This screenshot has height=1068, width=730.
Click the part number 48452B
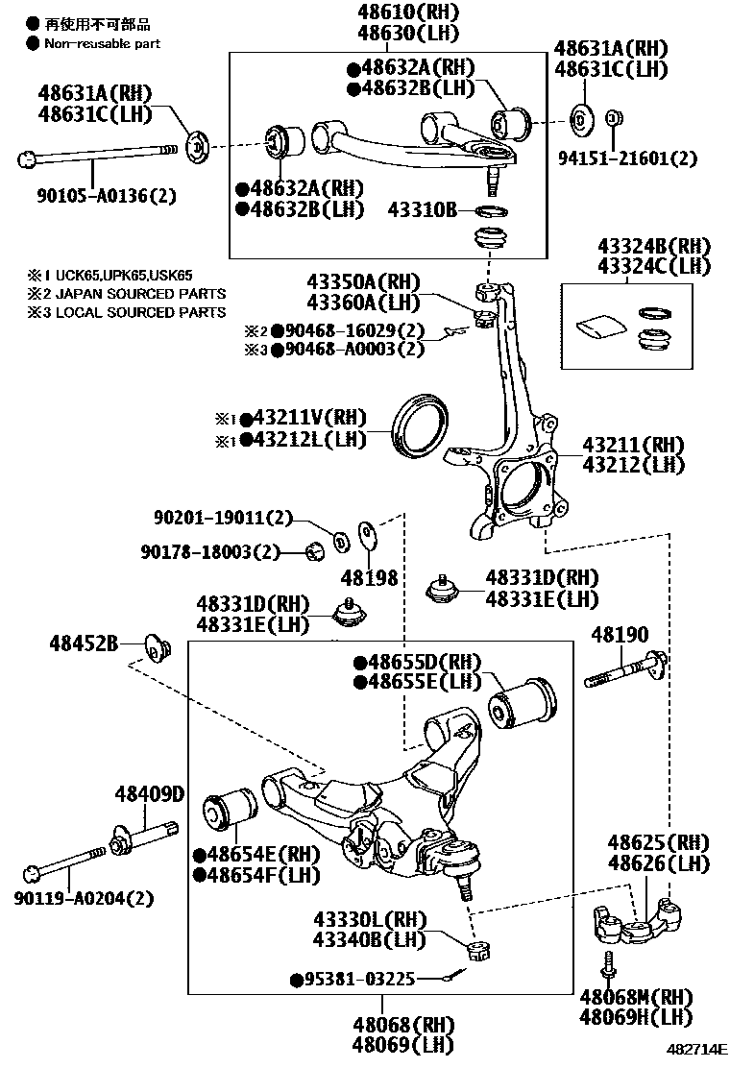84,644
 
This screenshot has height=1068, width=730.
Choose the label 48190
620,635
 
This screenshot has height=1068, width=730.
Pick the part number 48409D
149,795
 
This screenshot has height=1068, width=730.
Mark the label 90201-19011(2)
222,518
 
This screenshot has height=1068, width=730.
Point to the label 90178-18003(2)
208,551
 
